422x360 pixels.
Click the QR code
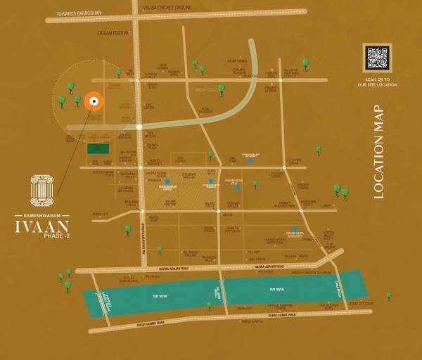tap(376, 58)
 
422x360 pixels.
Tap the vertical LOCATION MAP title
tap(379, 152)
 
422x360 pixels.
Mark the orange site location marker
tap(94, 102)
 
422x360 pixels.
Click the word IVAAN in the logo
tap(42, 226)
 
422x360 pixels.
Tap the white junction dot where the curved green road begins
tap(139, 127)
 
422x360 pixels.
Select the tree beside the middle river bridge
tap(210, 305)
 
